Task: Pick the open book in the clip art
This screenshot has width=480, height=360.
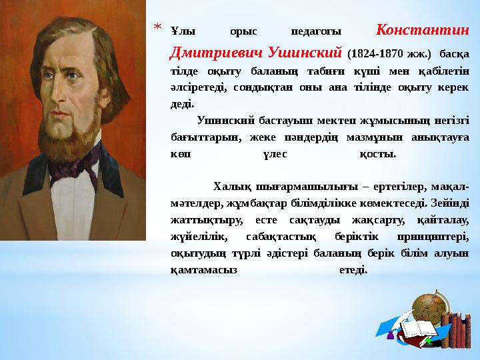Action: pos(417,327)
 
